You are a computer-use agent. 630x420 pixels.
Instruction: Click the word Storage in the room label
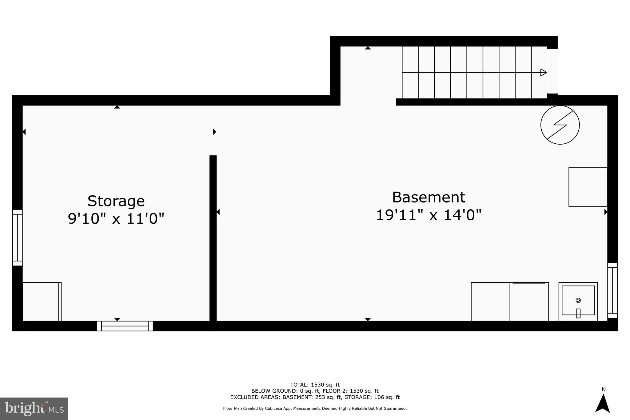pos(116,202)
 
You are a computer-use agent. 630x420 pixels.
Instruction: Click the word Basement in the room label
pos(429,198)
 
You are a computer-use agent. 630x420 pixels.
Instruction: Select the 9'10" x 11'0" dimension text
pos(116,219)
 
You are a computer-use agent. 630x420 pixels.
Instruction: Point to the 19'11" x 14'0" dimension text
pos(429,215)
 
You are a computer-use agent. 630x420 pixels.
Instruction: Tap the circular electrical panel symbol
pos(560,125)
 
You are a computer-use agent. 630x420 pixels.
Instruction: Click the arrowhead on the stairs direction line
pos(544,73)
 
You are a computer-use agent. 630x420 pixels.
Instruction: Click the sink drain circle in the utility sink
pos(578,300)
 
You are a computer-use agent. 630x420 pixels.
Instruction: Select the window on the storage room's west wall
pos(17,238)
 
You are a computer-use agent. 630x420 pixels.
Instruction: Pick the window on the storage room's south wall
pos(125,326)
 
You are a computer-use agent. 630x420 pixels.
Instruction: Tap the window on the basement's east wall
pos(612,290)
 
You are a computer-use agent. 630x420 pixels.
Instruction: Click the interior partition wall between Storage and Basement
pos(213,240)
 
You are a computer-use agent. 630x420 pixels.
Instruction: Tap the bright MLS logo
pos(34,409)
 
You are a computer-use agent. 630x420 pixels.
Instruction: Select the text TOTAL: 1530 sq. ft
pos(315,385)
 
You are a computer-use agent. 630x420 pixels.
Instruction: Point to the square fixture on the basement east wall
pos(588,187)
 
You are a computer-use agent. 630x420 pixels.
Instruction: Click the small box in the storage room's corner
pos(41,302)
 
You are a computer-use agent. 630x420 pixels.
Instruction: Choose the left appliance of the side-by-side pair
pos(490,302)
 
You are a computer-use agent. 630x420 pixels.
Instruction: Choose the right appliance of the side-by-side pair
pos(529,302)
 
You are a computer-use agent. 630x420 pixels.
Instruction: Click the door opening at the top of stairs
pos(552,71)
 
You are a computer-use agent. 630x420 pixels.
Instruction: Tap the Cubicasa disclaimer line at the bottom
pos(315,409)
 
